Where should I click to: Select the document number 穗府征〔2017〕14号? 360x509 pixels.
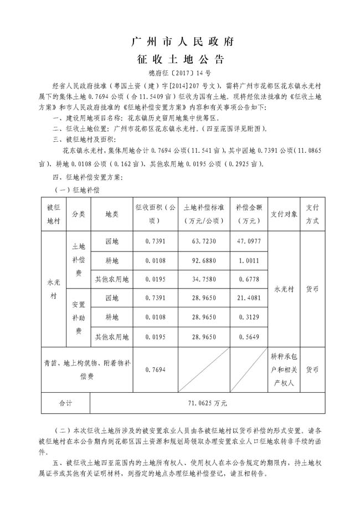(x=179, y=73)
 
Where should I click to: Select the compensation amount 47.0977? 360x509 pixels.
(x=248, y=241)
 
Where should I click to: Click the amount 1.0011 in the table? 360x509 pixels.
(x=248, y=260)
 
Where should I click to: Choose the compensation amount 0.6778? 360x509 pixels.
(x=248, y=279)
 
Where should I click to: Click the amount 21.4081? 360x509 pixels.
(x=248, y=298)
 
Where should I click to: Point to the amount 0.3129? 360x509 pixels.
(x=248, y=317)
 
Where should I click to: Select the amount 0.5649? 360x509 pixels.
(x=248, y=336)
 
